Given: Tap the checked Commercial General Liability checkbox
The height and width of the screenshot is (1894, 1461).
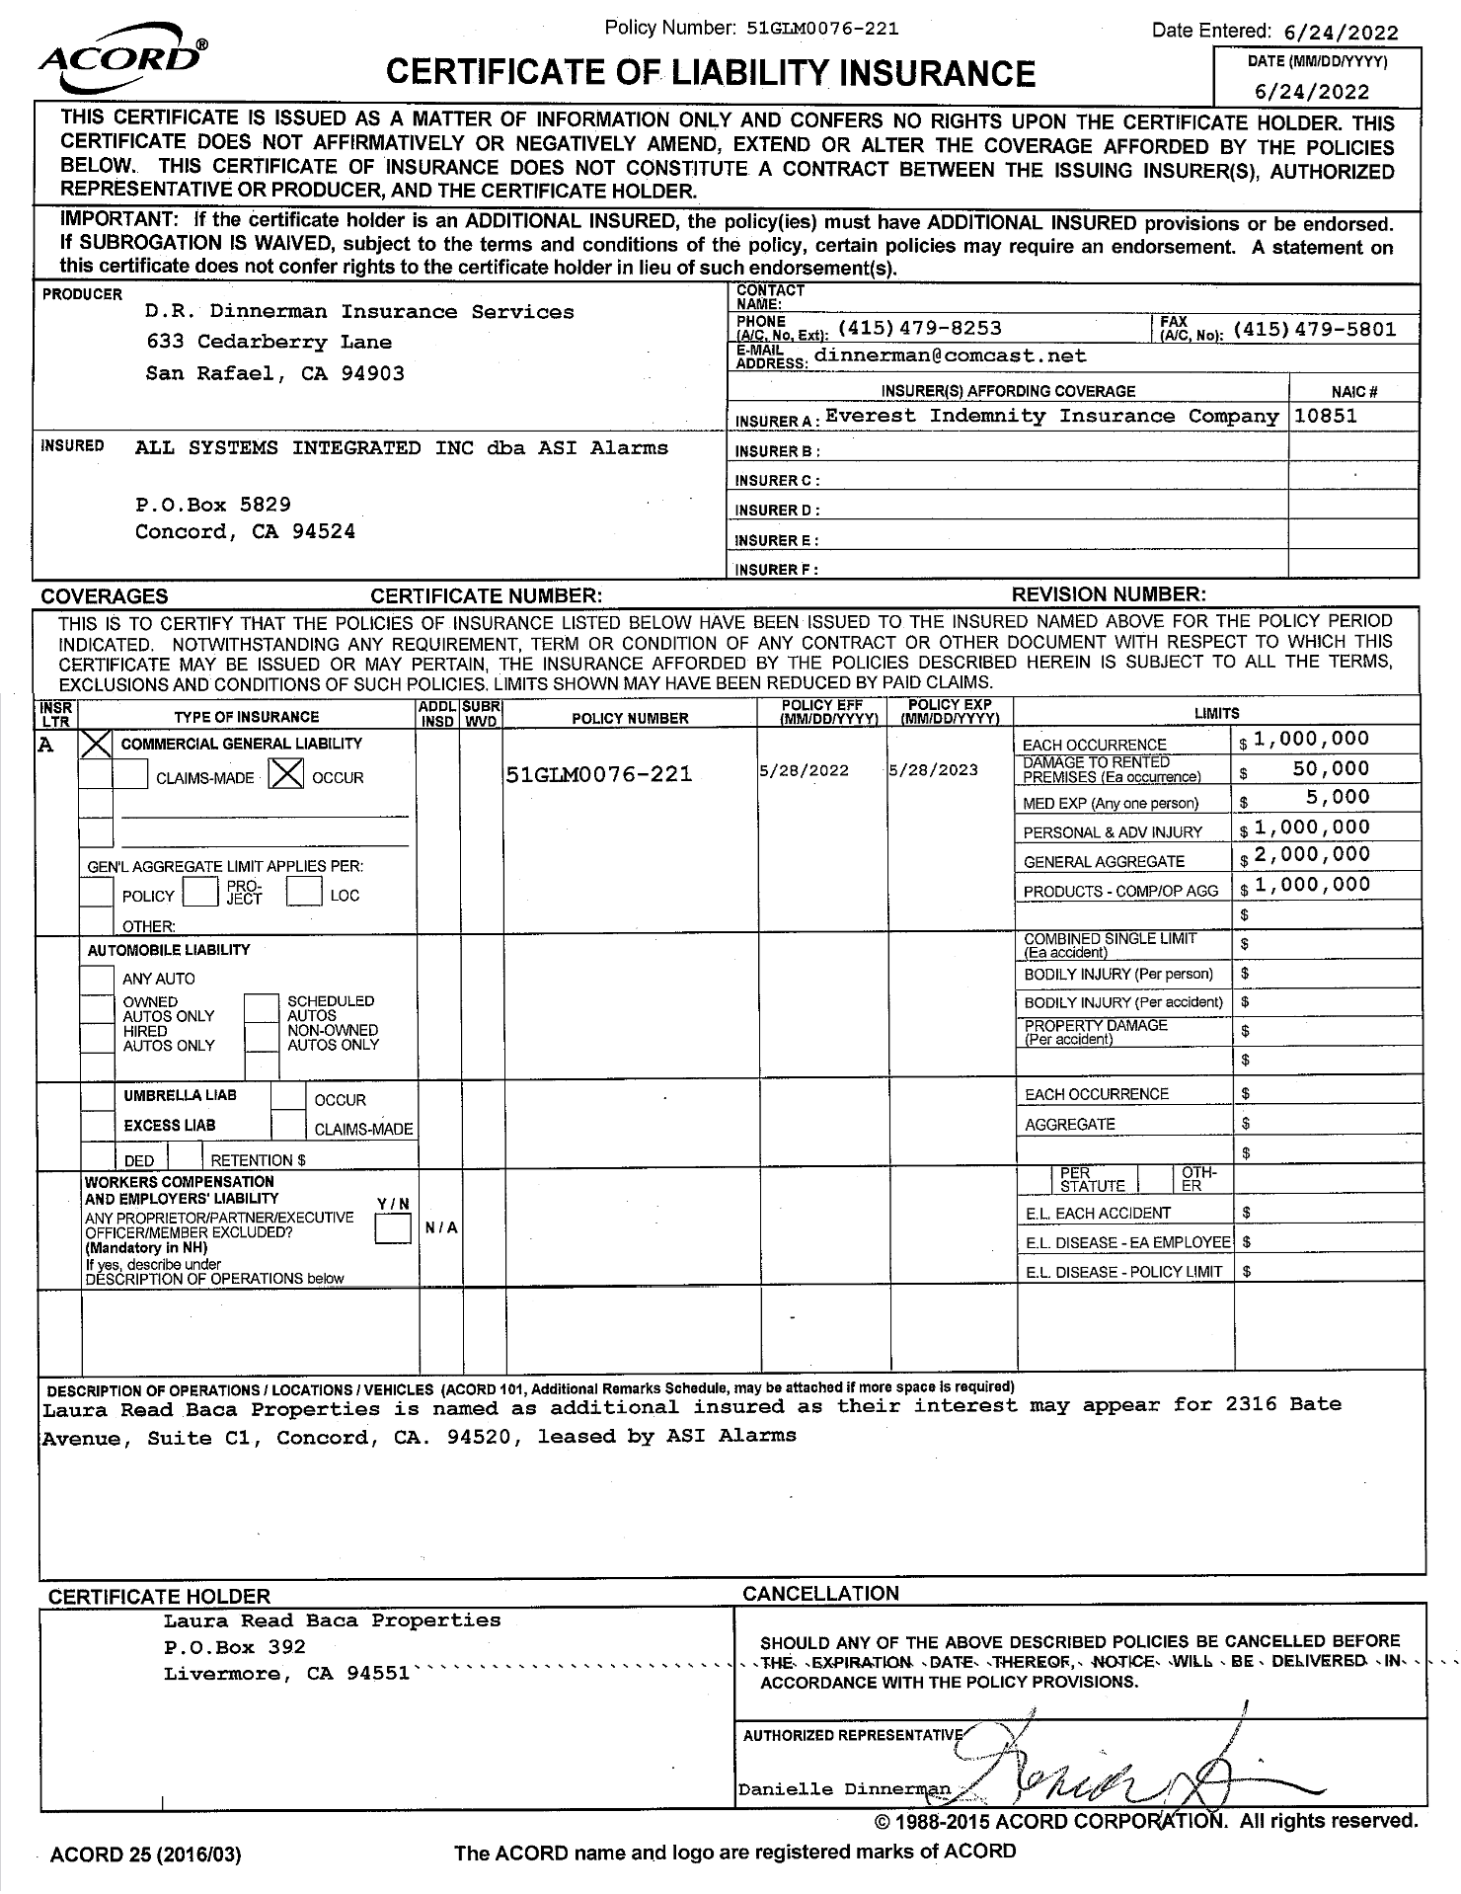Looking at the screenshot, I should [x=96, y=745].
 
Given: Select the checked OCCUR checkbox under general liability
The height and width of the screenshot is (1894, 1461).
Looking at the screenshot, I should [x=286, y=776].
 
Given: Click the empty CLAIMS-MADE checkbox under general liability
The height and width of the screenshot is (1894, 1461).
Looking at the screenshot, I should [x=130, y=776].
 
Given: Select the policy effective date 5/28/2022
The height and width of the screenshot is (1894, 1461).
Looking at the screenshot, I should [x=804, y=771].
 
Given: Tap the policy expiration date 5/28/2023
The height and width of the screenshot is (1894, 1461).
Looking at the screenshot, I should [x=933, y=771].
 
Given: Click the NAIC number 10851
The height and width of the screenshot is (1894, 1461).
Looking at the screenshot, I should [x=1325, y=417].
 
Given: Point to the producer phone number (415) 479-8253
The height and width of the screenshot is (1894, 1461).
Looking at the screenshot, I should [x=919, y=329].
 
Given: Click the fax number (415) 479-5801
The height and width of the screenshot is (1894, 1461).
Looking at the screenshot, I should [x=1315, y=330].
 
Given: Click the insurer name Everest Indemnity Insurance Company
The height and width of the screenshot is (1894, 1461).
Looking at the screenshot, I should [x=1051, y=417].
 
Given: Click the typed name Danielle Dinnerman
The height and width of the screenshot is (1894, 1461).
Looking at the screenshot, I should [x=844, y=1789].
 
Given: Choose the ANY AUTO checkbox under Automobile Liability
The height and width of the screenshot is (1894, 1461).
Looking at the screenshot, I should [x=96, y=980].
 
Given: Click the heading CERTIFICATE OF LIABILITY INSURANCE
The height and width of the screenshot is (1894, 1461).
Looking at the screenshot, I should [x=710, y=74].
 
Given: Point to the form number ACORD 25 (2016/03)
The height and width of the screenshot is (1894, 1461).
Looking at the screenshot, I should [x=145, y=1855].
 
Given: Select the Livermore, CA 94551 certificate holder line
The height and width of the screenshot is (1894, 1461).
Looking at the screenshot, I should [x=286, y=1674].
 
